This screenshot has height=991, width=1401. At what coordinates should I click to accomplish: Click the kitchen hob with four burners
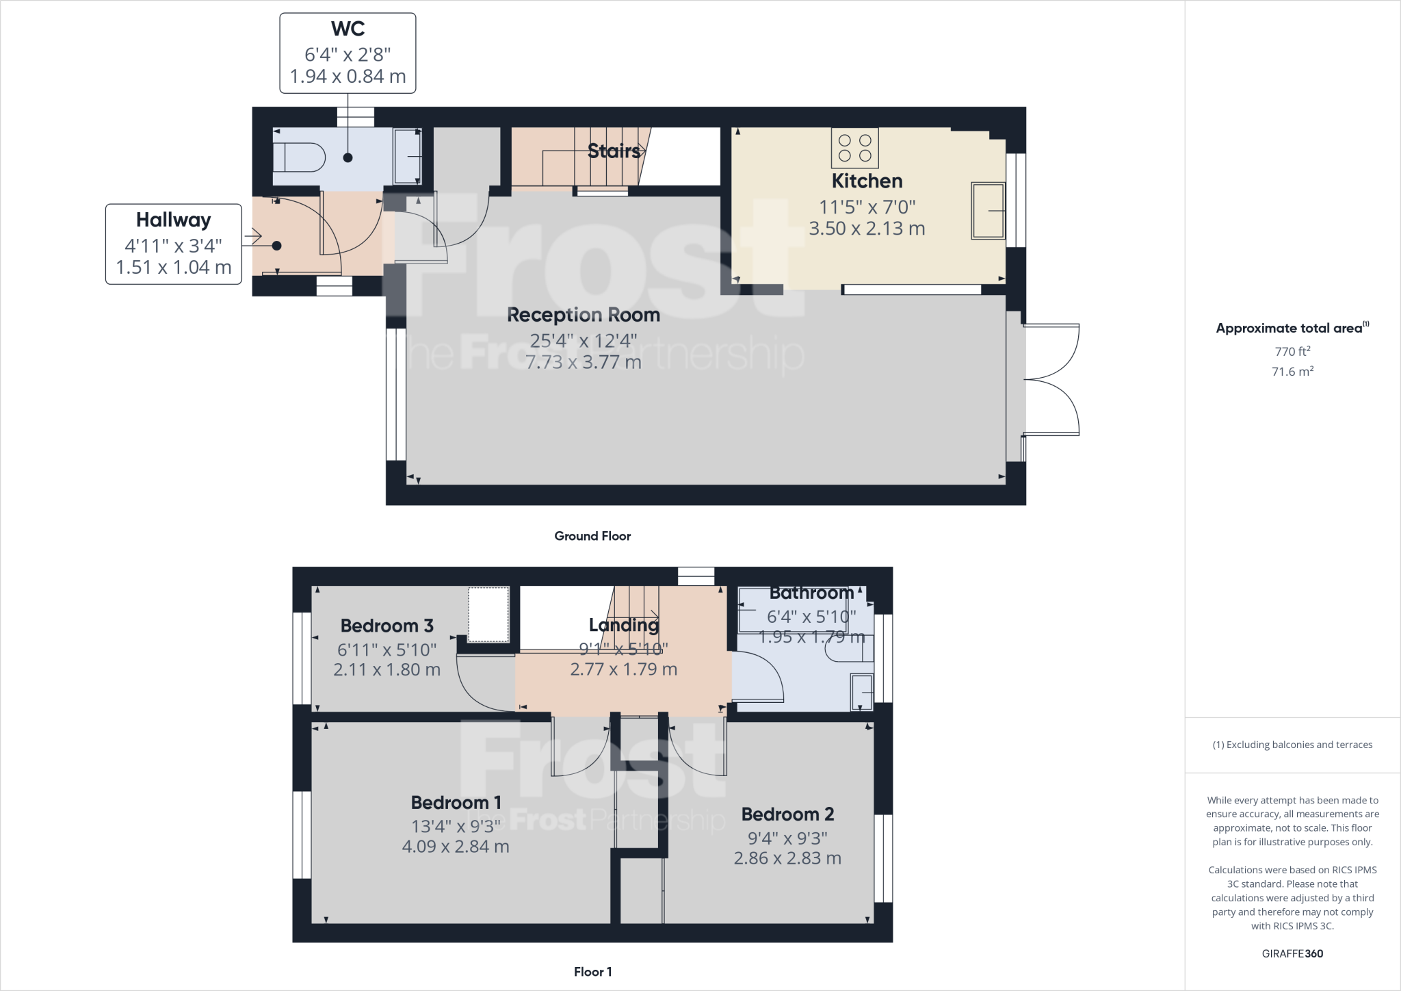[x=854, y=148]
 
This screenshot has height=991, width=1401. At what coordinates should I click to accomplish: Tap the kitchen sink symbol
[x=988, y=211]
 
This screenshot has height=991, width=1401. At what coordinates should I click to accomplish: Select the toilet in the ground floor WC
[x=299, y=157]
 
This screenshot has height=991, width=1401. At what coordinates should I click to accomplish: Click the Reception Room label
[x=583, y=315]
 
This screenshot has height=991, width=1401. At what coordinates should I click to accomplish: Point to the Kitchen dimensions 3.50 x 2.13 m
[x=867, y=229]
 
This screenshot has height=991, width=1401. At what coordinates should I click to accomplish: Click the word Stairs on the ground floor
[x=614, y=151]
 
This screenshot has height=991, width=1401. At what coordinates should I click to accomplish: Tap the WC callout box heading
[x=348, y=29]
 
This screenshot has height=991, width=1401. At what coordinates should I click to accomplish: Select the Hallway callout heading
[x=173, y=220]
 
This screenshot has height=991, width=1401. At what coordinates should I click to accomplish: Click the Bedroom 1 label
[x=456, y=802]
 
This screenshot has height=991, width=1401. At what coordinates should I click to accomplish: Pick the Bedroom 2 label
[x=787, y=814]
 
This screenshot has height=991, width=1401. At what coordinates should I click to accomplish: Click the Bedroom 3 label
[x=387, y=626]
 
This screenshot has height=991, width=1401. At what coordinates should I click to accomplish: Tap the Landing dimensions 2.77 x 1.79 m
[x=623, y=669]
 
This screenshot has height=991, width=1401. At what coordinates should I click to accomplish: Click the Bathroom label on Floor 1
[x=811, y=593]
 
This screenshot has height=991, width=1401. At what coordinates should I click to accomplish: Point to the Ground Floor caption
[x=592, y=536]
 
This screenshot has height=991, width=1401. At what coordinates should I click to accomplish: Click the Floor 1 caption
[x=592, y=971]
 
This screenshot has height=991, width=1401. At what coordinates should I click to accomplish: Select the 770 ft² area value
[x=1292, y=351]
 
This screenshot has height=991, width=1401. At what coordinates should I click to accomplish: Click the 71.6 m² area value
[x=1292, y=372]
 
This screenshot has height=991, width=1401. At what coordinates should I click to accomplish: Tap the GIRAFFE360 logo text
[x=1292, y=953]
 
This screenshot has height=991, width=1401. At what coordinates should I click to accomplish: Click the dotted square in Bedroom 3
[x=488, y=614]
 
